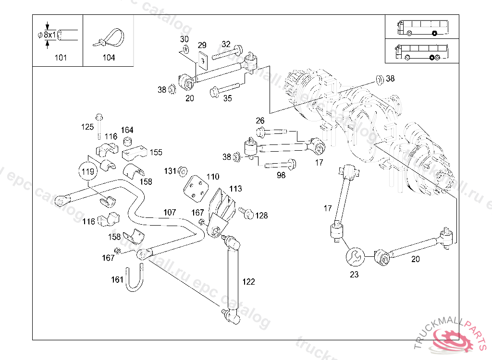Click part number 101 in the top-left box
pyautogui.click(x=61, y=58)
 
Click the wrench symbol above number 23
pyautogui.click(x=355, y=256)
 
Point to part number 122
pyautogui.click(x=248, y=282)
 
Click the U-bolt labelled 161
pyautogui.click(x=135, y=279)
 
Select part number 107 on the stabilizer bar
pyautogui.click(x=170, y=212)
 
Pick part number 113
pyautogui.click(x=235, y=189)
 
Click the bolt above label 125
pyautogui.click(x=99, y=118)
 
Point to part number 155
pyautogui.click(x=156, y=152)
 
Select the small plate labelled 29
pyautogui.click(x=202, y=58)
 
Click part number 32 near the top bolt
pyautogui.click(x=226, y=44)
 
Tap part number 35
pyautogui.click(x=227, y=98)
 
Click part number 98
pyautogui.click(x=281, y=175)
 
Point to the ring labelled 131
pyautogui.click(x=183, y=171)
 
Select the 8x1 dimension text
pyautogui.click(x=50, y=35)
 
